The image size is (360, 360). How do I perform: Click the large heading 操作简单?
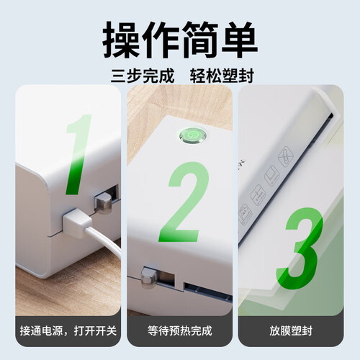180,40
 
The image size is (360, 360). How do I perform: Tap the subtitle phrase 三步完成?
143,76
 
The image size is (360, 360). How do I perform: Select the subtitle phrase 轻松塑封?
222,76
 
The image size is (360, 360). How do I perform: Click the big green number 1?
78,155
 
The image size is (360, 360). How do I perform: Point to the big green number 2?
184,202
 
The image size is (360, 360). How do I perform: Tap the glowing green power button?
193,135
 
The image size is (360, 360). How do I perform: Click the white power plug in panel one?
76,222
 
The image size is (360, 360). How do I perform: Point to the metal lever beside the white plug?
103,203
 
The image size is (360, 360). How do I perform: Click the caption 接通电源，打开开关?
68,330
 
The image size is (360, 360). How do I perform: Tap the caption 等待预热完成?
180,330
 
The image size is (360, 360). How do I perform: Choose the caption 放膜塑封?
291,330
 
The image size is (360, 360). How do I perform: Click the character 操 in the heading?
121,40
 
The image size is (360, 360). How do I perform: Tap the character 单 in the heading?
238,40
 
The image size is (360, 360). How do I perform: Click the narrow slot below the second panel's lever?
208,292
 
